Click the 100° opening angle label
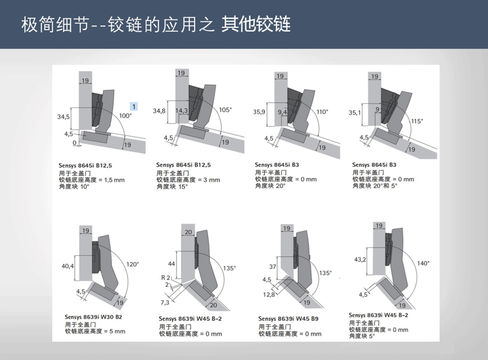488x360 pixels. (125, 116)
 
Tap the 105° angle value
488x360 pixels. (225, 110)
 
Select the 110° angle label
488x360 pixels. (323, 112)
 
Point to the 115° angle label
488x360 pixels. (417, 121)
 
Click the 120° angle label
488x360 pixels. (133, 264)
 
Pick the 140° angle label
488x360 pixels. (423, 263)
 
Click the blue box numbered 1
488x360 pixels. (134, 107)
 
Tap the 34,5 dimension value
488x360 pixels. (63, 117)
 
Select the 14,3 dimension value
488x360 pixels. (182, 110)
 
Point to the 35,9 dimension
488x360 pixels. (259, 112)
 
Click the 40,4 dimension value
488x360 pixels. (67, 266)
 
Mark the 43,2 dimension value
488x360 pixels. (360, 259)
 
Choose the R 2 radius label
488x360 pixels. (165, 278)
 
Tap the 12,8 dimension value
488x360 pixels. (269, 294)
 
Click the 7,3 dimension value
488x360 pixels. (165, 302)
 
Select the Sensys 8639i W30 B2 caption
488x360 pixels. (93, 317)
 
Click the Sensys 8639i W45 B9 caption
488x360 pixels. (288, 319)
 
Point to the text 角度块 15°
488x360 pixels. (172, 187)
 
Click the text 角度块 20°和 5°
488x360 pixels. (375, 186)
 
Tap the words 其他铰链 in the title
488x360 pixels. (256, 24)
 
